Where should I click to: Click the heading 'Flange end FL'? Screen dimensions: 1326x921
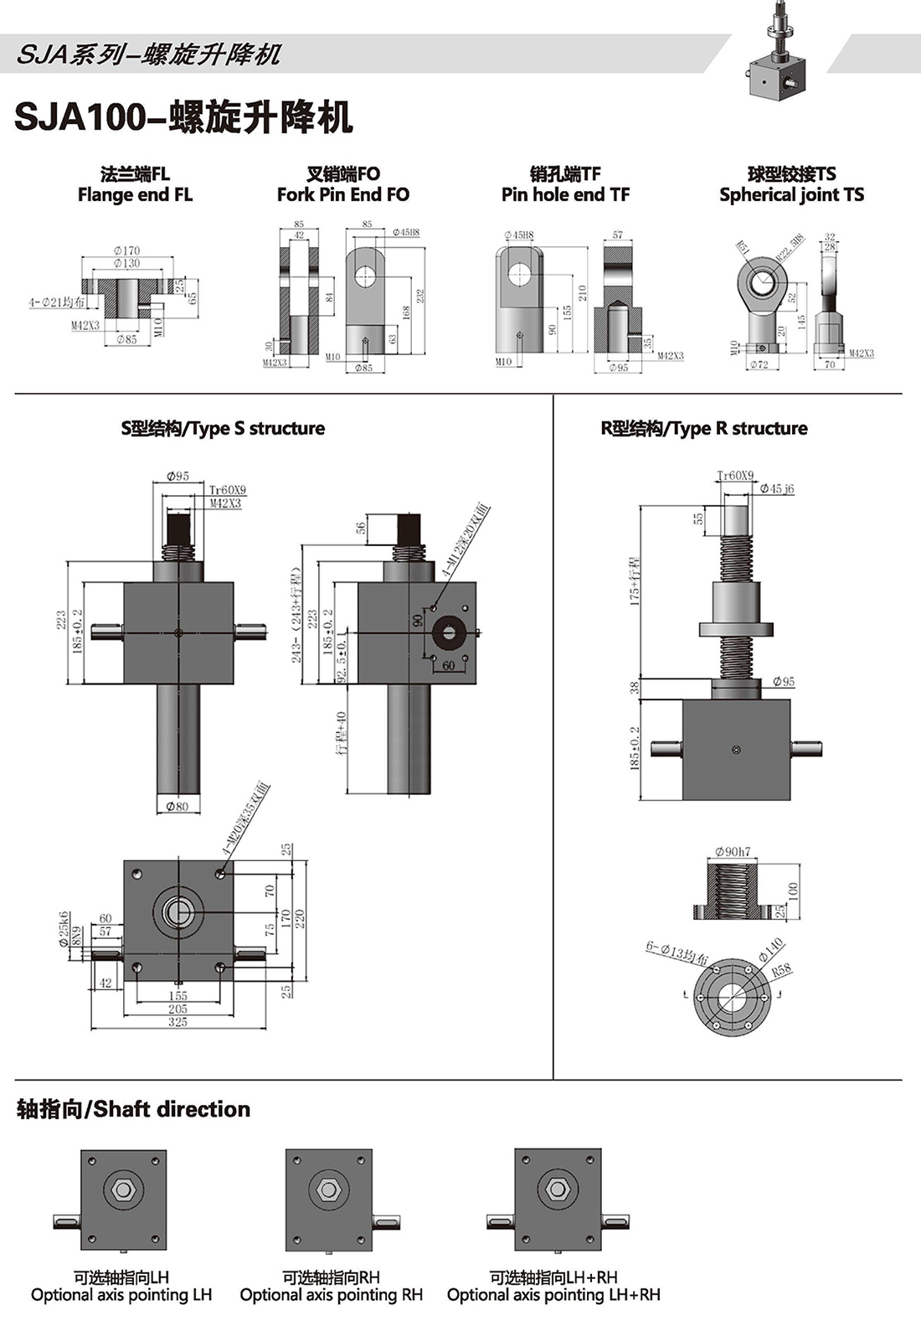(135, 195)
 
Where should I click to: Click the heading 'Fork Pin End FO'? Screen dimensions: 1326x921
(343, 195)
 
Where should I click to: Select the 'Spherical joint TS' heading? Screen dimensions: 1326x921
(791, 195)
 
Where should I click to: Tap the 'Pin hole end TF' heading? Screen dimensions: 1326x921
(565, 195)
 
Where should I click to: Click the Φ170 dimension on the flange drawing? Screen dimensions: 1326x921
(127, 250)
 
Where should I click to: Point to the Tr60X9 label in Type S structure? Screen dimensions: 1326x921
(228, 490)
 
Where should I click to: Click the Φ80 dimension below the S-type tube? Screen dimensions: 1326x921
(178, 807)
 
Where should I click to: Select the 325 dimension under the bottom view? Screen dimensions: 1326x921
(178, 1022)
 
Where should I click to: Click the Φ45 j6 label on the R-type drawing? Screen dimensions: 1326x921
(777, 488)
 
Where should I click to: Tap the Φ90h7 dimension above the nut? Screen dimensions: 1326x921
(733, 852)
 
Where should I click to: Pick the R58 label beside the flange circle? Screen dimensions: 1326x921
(780, 971)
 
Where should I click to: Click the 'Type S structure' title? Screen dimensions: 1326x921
(223, 429)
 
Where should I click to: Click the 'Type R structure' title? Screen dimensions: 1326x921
(704, 429)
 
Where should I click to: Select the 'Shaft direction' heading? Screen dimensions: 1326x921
(134, 1109)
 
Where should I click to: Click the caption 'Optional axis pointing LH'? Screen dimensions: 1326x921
(121, 1295)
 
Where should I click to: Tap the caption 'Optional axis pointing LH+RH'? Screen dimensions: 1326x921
(553, 1295)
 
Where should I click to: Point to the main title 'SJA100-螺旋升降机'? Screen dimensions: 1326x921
(183, 118)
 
